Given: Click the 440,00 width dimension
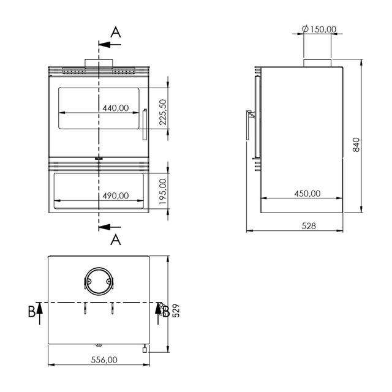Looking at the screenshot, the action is point(116,108).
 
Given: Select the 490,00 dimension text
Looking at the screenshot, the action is point(116,195).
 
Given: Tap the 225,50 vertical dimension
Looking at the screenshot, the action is point(163,112).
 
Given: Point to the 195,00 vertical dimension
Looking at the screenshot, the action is point(163,191).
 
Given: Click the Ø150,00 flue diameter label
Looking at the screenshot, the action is point(319,29).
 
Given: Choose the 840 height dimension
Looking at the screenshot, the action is point(356,145).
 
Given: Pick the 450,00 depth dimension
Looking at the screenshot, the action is point(307,194).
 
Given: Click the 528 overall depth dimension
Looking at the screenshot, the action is point(309,226).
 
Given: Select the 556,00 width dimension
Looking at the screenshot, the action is point(104,360).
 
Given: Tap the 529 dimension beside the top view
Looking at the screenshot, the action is point(176,311).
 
